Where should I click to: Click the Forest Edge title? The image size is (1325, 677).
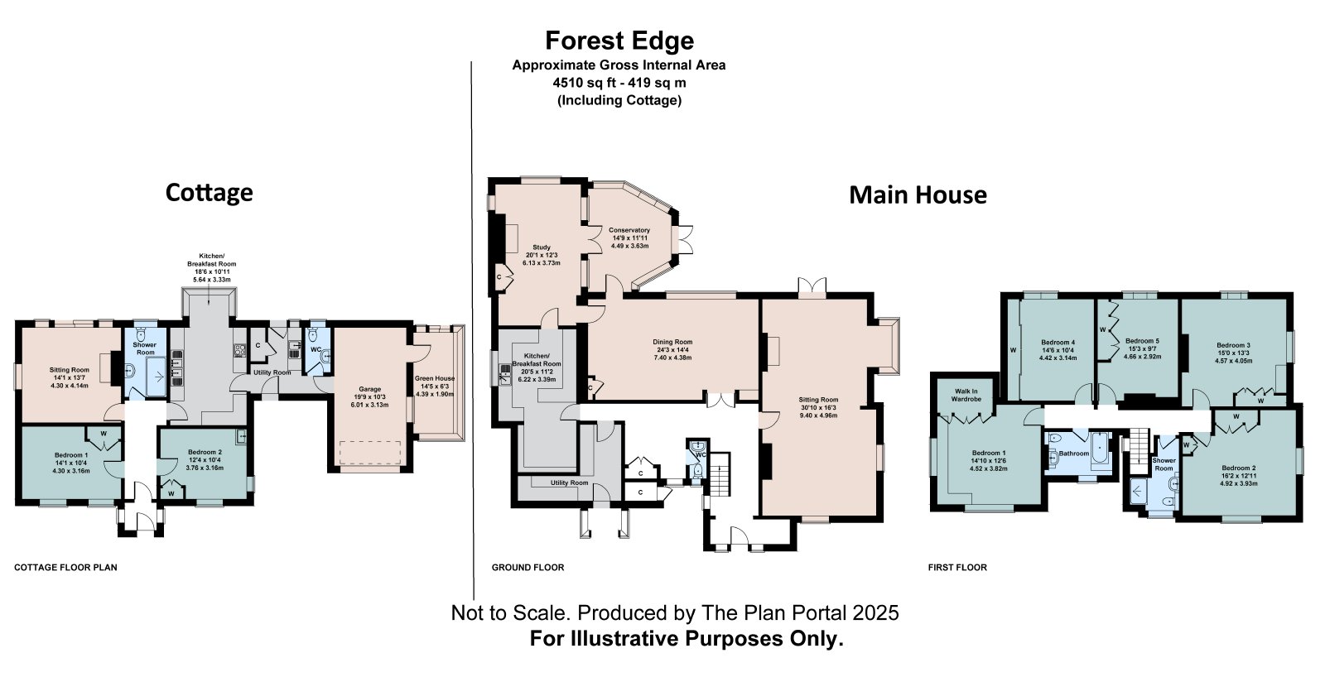click(x=619, y=41)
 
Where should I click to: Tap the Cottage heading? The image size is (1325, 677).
click(x=210, y=192)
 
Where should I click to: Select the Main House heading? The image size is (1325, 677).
click(x=918, y=194)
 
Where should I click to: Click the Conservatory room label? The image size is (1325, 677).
click(x=629, y=230)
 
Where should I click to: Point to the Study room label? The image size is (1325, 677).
click(x=542, y=247)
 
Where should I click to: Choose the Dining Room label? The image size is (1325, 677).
click(x=672, y=342)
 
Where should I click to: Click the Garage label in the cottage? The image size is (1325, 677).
click(x=370, y=389)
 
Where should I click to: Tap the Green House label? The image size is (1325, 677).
click(x=435, y=378)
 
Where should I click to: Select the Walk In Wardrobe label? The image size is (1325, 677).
click(x=966, y=395)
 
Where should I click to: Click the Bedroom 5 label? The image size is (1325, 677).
click(x=1142, y=341)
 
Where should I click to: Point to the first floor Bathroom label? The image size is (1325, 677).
click(x=1073, y=454)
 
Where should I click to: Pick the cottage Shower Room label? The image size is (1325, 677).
click(x=145, y=348)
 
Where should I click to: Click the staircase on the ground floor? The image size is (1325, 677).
click(x=720, y=474)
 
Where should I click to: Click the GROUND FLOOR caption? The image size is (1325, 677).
click(x=528, y=568)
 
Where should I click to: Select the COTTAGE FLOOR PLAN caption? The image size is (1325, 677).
click(x=65, y=568)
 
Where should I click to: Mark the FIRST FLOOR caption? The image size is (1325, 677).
click(x=957, y=568)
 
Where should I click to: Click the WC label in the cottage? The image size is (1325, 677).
click(x=316, y=349)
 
